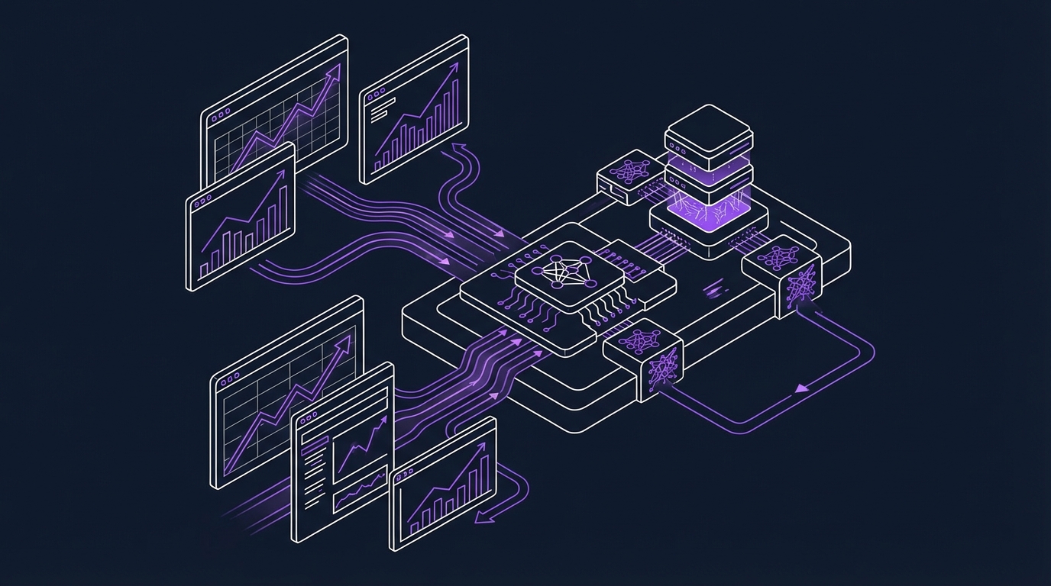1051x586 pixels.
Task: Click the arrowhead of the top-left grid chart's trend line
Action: [333, 73]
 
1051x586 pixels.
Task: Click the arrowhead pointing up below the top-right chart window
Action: [458, 145]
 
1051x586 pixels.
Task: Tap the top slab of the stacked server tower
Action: [708, 127]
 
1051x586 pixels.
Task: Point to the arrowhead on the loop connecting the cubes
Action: [800, 389]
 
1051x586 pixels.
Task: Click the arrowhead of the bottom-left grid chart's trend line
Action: [344, 343]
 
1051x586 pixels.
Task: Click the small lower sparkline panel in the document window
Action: [359, 488]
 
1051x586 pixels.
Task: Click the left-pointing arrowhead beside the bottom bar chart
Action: [480, 519]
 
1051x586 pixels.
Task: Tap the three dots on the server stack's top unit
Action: [677, 140]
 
